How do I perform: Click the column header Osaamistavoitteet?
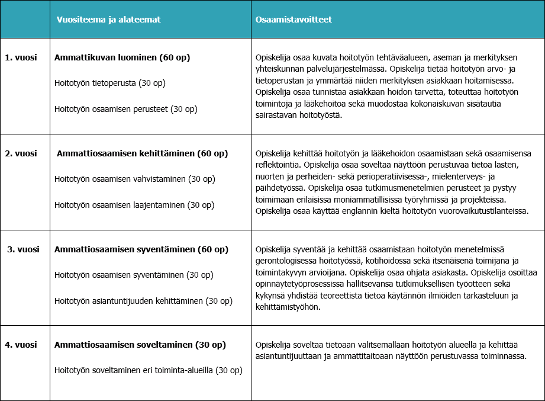coord(294,20)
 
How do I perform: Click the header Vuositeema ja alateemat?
coord(108,20)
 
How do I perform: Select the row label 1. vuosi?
coord(21,57)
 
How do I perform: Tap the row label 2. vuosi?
coord(21,153)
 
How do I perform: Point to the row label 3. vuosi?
coord(22,249)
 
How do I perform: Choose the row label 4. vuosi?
coord(21,345)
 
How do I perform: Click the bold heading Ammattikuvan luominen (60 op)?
coord(122,57)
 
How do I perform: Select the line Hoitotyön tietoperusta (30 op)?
coord(109,83)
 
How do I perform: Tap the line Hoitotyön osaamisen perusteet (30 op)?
coord(125,109)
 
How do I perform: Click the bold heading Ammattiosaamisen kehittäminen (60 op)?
coord(142,153)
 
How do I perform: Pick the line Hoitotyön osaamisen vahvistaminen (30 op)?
coord(134,179)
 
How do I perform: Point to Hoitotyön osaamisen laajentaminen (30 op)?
coord(134,205)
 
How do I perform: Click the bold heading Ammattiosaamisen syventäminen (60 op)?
coord(140,249)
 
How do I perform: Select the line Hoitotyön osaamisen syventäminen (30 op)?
coord(134,275)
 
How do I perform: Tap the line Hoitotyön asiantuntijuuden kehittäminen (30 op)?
coord(143,301)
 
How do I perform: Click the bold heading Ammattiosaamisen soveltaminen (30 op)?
coord(140,345)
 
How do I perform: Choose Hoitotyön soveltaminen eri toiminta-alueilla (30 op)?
coord(148,371)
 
